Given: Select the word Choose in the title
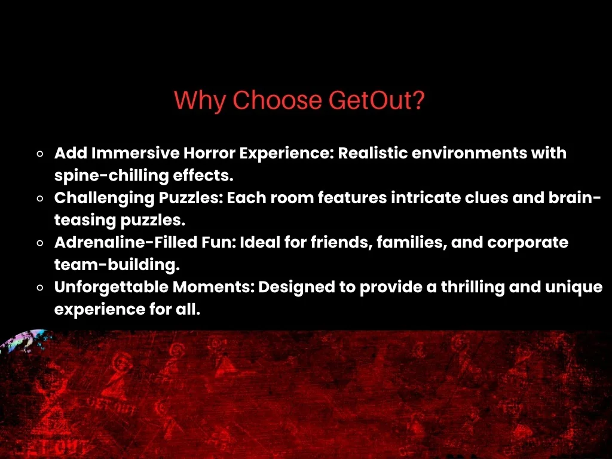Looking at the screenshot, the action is tap(277, 100).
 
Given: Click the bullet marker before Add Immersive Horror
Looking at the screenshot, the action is tap(39, 154).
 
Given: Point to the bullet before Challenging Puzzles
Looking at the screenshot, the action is tap(39, 198).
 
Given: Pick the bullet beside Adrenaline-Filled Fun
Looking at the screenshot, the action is tap(39, 243).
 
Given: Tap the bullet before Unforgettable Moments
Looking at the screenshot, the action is tap(39, 287).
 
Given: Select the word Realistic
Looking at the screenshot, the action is tap(373, 153).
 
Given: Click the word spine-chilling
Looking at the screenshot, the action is tap(112, 176).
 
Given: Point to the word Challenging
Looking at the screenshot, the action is tap(105, 198).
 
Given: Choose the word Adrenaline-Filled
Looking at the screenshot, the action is tap(126, 243).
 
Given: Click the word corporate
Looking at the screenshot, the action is tap(528, 243).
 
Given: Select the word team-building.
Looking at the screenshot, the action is tap(117, 265).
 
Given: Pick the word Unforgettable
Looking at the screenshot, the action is tap(111, 287).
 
